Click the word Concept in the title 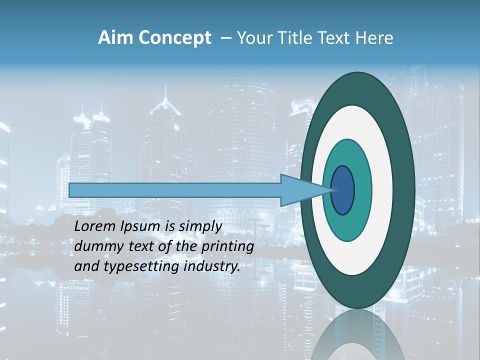[x=174, y=38]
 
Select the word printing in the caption [x=227, y=246]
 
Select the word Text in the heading [x=334, y=38]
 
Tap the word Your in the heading [x=253, y=38]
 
